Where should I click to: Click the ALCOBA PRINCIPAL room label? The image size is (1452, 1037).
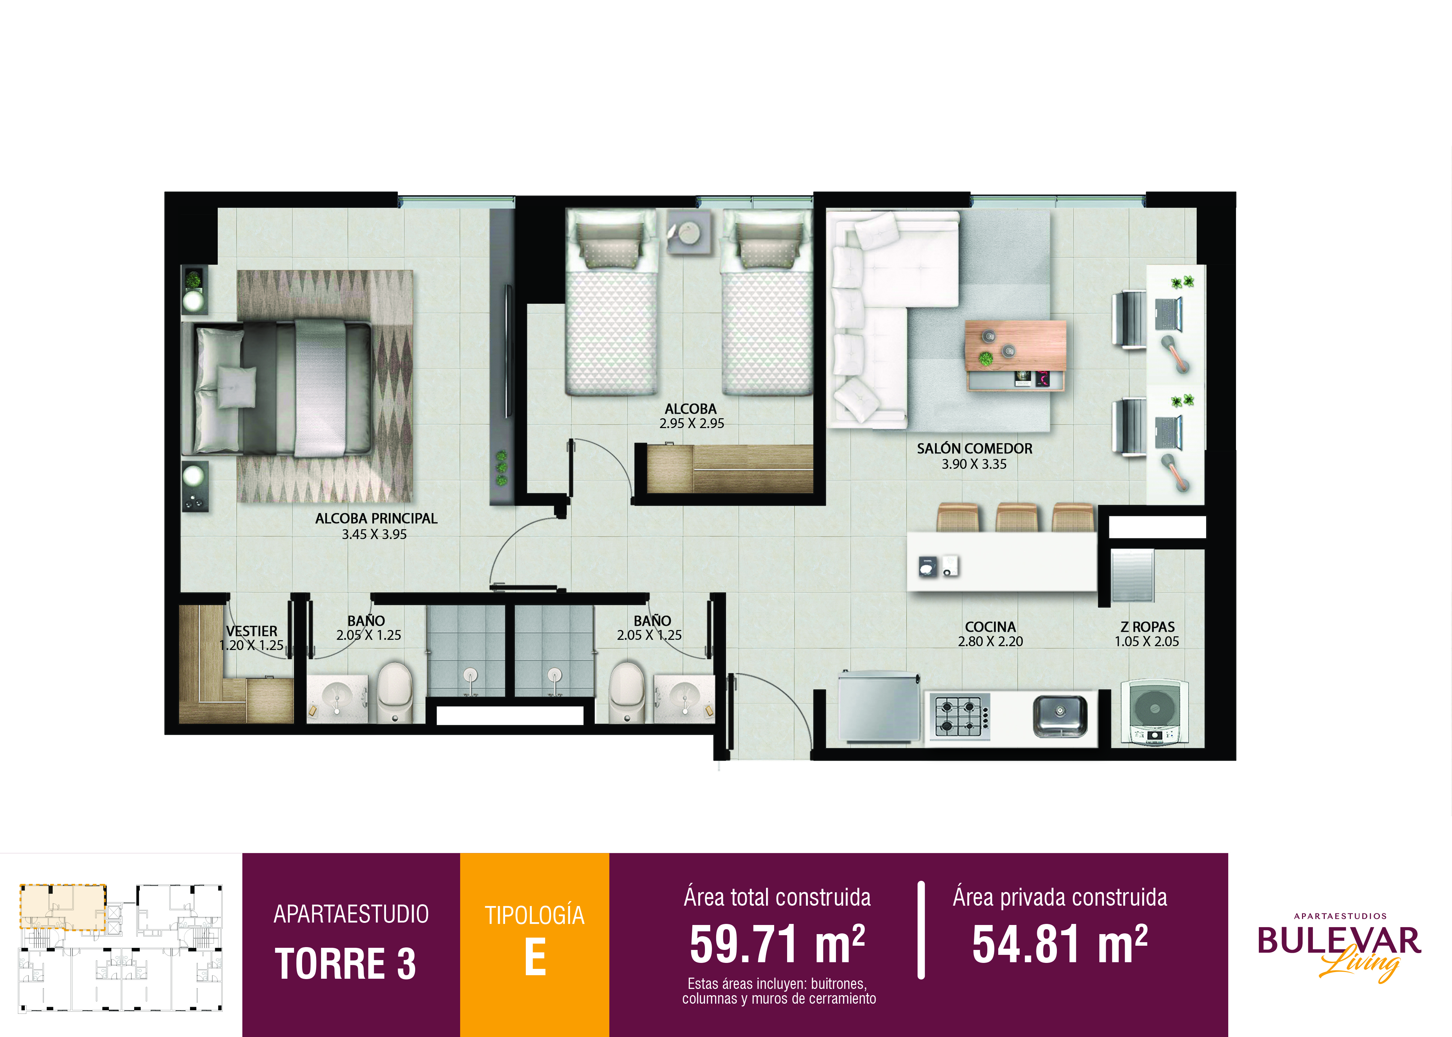(x=376, y=518)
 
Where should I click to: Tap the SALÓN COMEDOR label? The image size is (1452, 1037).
(x=974, y=449)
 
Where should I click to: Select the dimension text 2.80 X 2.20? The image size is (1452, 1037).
(x=990, y=641)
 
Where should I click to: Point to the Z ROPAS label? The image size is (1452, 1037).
(x=1147, y=627)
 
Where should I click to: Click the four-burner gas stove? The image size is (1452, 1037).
(x=960, y=716)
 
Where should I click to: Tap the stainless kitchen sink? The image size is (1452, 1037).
(x=1060, y=715)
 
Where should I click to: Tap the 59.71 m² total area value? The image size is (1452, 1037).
(x=777, y=944)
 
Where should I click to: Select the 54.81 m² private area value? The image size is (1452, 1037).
(x=1060, y=944)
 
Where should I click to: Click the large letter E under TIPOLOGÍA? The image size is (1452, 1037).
(x=535, y=958)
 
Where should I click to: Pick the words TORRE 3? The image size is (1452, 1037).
(x=346, y=964)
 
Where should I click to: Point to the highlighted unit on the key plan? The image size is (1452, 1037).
(x=63, y=907)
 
